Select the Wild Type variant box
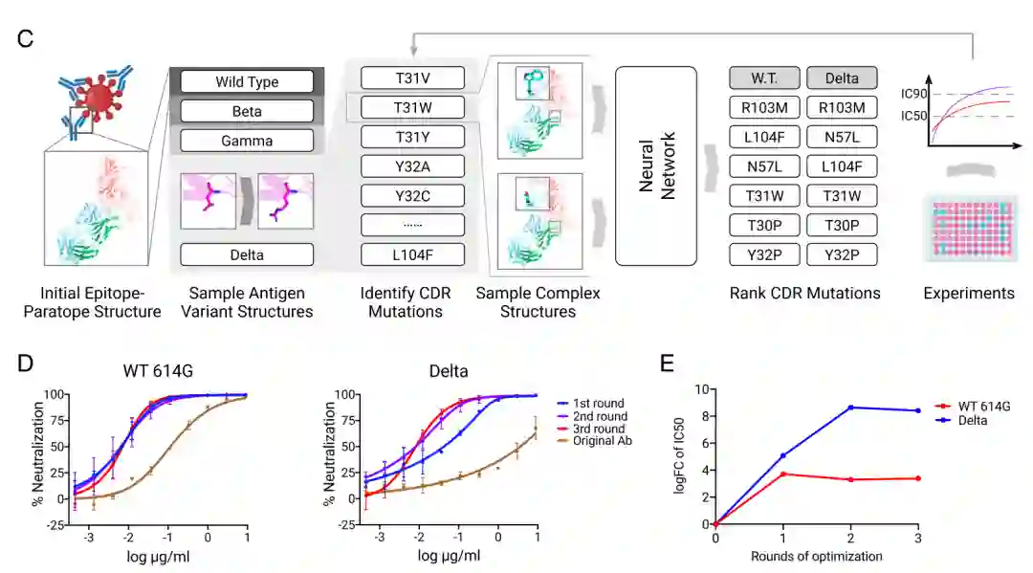tap(247, 81)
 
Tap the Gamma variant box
tap(247, 141)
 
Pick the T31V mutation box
tap(412, 77)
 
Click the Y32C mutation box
tap(412, 196)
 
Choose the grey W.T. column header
tap(762, 77)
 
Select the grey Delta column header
tap(843, 77)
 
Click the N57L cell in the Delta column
tap(843, 137)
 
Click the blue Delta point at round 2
tap(850, 408)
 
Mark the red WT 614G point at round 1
tap(783, 474)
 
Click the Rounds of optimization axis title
tap(816, 556)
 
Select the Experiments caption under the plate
tap(969, 293)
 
